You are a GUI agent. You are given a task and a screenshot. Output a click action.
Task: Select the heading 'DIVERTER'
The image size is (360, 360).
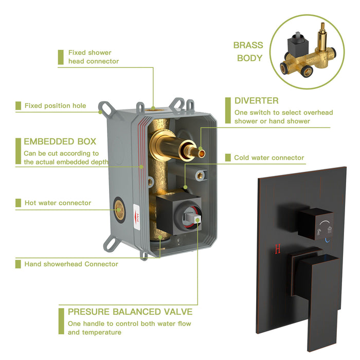click(x=257, y=101)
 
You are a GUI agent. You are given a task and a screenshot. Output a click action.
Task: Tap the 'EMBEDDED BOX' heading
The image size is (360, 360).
click(x=60, y=141)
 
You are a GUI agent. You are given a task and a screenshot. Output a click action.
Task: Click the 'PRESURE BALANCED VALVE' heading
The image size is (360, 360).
click(x=130, y=312)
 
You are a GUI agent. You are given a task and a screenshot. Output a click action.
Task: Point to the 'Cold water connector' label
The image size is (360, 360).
click(x=269, y=158)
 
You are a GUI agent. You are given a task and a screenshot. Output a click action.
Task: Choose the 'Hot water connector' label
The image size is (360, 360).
click(x=58, y=203)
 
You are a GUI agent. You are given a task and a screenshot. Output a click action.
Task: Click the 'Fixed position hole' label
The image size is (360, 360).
click(x=55, y=106)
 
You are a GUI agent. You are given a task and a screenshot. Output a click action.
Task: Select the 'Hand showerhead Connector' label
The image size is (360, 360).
click(x=71, y=264)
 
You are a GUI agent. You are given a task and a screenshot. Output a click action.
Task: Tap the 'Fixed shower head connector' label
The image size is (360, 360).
click(x=93, y=57)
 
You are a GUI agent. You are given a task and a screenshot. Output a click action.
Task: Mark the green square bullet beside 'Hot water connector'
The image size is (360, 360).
click(x=18, y=203)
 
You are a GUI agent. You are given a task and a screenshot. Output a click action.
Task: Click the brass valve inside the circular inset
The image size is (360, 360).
click(x=307, y=57)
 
